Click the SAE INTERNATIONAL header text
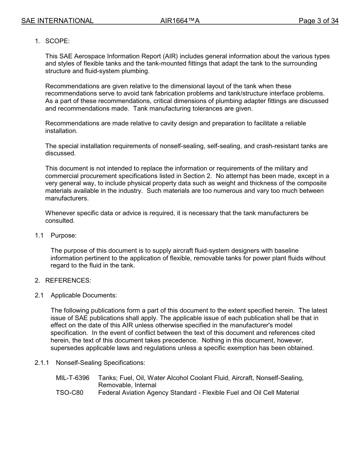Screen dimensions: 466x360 (57, 21)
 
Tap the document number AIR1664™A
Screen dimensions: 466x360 (180, 21)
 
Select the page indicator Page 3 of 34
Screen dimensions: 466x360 (318, 21)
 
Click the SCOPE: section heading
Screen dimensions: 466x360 (57, 41)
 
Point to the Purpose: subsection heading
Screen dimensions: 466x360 (63, 235)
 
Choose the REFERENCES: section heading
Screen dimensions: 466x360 (68, 280)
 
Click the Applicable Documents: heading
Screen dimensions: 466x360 (84, 295)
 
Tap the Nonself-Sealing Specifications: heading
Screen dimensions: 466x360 (100, 363)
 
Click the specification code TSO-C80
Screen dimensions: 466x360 (69, 393)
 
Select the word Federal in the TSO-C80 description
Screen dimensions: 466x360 (110, 393)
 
